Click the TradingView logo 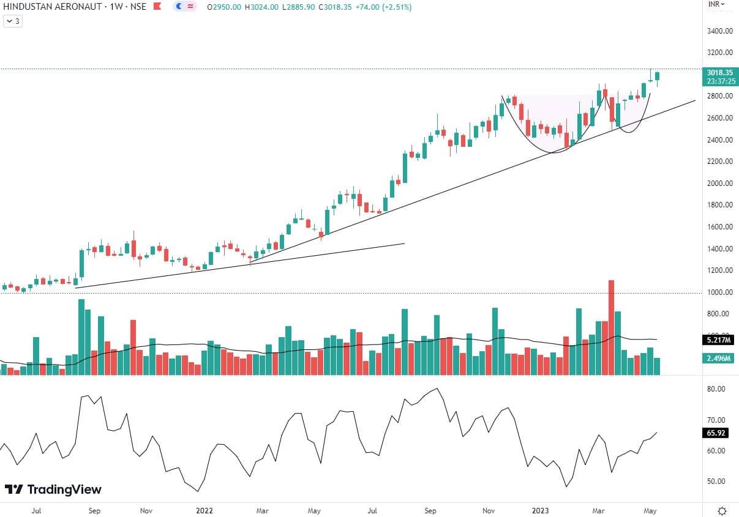(x=53, y=489)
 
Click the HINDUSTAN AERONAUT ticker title (x=47, y=7)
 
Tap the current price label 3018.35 (x=719, y=72)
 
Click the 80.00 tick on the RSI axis (x=716, y=389)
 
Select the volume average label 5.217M (x=719, y=340)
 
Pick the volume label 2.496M (x=719, y=359)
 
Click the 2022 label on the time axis (x=204, y=510)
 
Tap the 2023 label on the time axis (x=539, y=510)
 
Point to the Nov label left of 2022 (x=146, y=510)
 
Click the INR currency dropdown (x=716, y=4)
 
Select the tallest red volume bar (x=610, y=327)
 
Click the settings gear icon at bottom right (x=722, y=510)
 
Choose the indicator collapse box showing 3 (x=13, y=21)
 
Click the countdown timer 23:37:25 (x=719, y=81)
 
